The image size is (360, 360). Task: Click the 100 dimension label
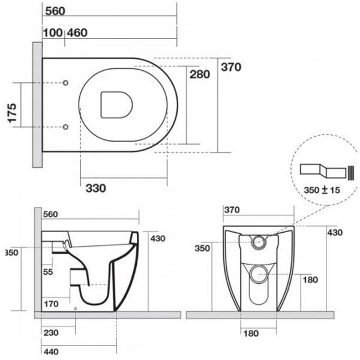point(53,32)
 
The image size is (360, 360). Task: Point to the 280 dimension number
point(200,75)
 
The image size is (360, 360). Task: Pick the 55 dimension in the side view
point(49,272)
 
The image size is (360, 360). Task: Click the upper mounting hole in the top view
point(66,82)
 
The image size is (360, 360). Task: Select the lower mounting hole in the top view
point(66,127)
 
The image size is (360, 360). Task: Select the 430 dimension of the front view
point(334,232)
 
